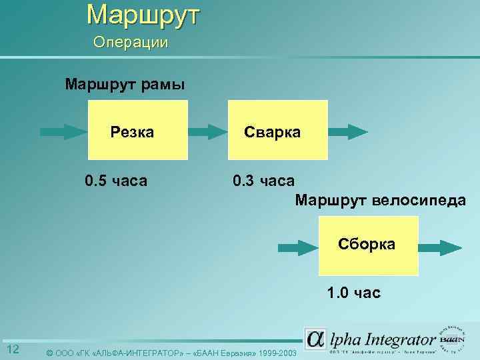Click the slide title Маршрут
coord(142,14)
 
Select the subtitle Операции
coord(131,43)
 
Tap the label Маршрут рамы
coord(125,85)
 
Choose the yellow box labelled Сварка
coord(278,131)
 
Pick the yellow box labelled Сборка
coord(368,245)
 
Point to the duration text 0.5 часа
coord(117,181)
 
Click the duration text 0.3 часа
coord(263,181)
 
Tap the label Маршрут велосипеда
coord(380,200)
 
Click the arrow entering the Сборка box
coord(297,247)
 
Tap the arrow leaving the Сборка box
coord(438,247)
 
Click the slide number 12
coord(13,350)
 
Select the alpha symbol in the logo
coord(315,338)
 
